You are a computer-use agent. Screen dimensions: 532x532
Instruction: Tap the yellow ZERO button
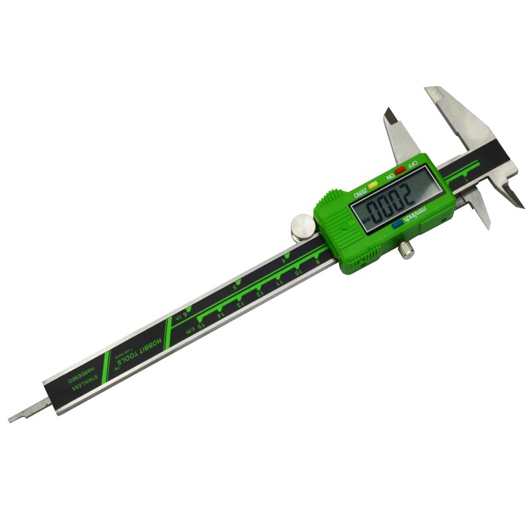[374, 180]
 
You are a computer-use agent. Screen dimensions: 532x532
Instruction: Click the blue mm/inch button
[398, 225]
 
